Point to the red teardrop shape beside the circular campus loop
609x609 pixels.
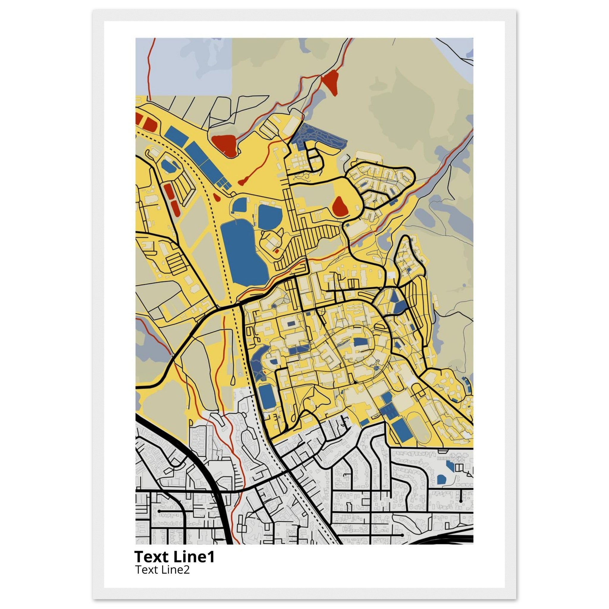[340, 206]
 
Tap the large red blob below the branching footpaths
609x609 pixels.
[225, 145]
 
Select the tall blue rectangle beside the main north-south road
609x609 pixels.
[267, 397]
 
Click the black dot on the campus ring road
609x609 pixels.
[355, 382]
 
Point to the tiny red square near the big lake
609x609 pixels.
[277, 251]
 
